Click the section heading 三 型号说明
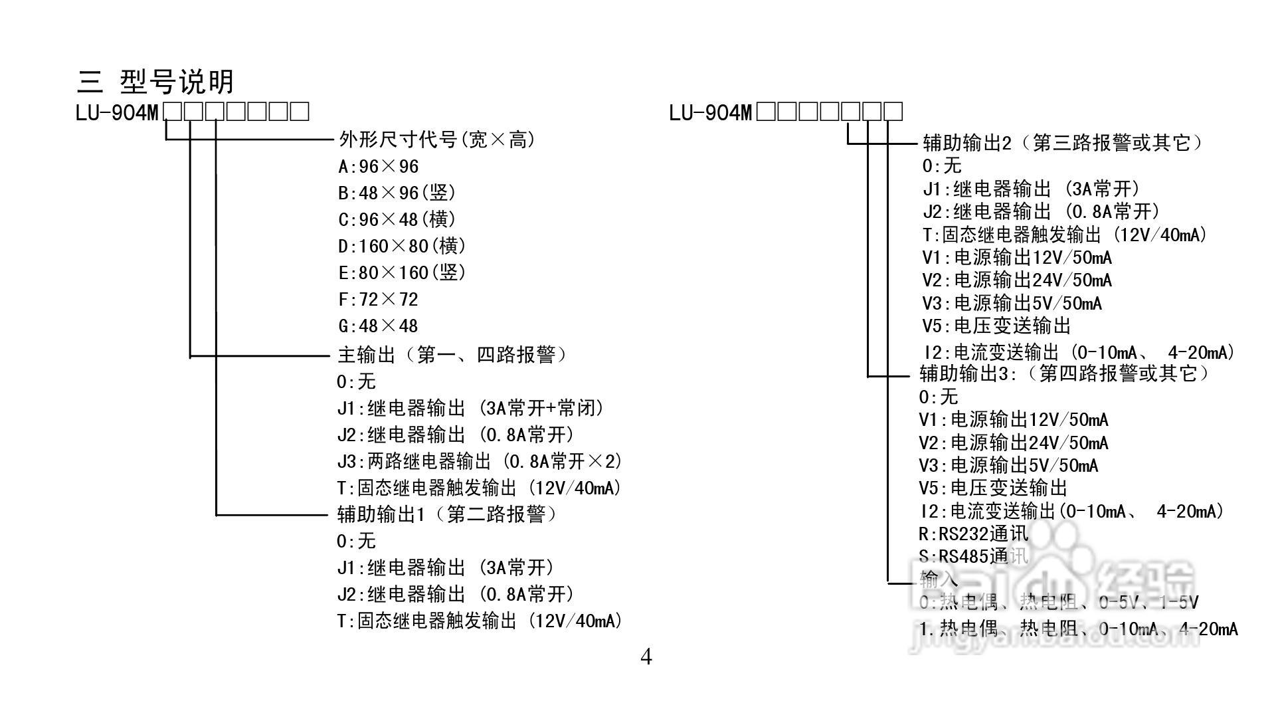[x=155, y=82]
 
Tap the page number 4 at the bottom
[x=646, y=657]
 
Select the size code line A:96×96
[x=379, y=167]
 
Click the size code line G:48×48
[x=379, y=326]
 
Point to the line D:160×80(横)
[x=402, y=247]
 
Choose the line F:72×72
[x=379, y=300]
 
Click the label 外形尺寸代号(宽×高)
[x=437, y=140]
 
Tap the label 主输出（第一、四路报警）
[x=453, y=355]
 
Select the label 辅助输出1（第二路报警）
[x=448, y=514]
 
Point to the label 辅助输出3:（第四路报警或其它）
[x=1064, y=373]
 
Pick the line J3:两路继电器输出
[x=478, y=461]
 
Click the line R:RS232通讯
[x=973, y=534]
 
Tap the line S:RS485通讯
[x=973, y=556]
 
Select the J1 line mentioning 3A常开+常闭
[x=470, y=408]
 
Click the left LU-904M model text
[x=118, y=112]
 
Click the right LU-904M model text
[x=711, y=112]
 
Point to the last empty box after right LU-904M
[x=894, y=111]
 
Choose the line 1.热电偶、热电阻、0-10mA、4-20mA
[x=1078, y=629]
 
